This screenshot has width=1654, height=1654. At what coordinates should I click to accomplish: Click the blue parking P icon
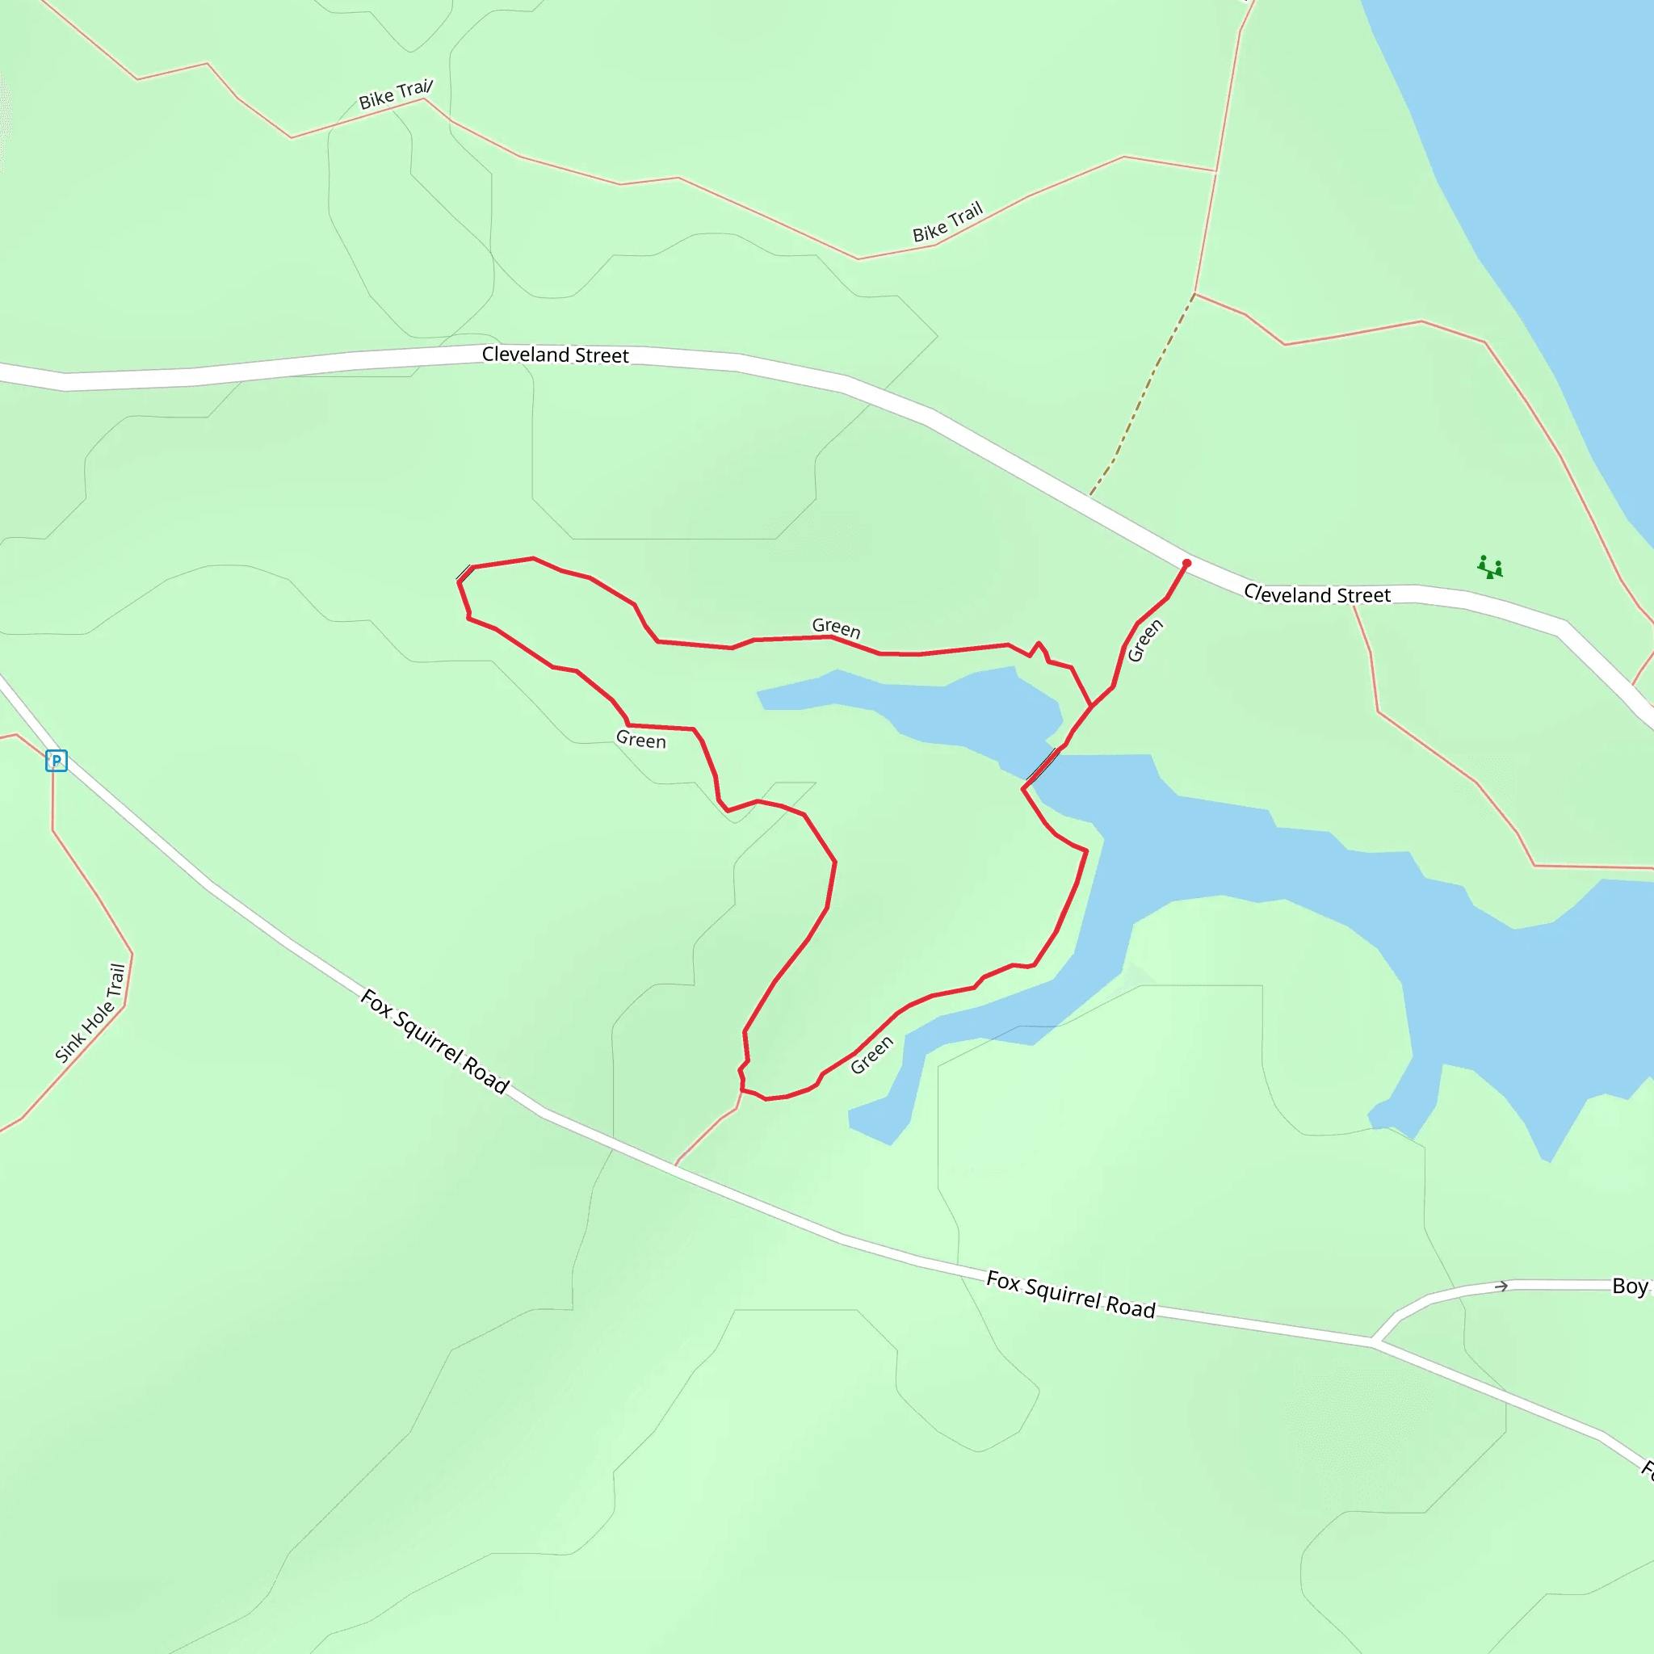57,760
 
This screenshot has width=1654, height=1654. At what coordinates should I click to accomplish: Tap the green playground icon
1489,567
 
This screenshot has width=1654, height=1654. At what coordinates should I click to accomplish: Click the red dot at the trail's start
1186,564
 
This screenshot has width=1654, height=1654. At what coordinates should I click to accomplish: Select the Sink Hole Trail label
90,1014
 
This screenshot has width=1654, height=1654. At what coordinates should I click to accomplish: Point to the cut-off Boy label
1630,1286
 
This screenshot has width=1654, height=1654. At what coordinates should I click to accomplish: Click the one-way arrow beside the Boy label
1501,1287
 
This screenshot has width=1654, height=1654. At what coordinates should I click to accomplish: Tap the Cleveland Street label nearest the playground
1316,594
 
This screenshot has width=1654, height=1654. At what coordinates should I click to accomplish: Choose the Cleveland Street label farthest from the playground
555,355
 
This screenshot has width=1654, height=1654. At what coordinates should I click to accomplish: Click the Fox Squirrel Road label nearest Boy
1070,1295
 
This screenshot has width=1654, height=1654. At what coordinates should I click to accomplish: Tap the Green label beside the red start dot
1144,641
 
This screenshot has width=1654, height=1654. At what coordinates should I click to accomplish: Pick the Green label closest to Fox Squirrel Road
871,1055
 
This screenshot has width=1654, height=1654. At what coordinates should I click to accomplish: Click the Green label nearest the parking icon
640,740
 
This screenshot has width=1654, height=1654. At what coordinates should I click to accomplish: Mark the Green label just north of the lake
836,628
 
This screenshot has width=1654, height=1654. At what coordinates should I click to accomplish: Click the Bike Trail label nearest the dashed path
947,223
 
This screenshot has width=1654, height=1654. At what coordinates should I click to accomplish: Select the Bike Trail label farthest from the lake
396,95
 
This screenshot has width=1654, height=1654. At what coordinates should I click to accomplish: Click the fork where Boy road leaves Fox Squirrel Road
1374,1341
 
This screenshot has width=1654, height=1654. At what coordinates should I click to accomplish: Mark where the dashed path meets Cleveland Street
1090,495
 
